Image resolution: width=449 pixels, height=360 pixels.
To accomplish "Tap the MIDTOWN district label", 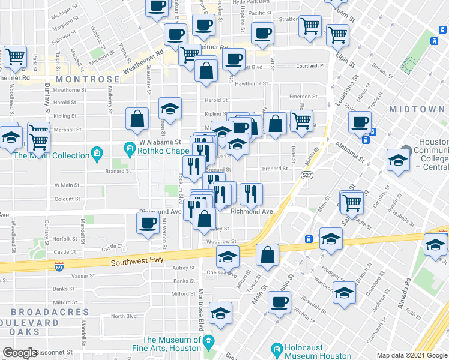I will click(x=416, y=109).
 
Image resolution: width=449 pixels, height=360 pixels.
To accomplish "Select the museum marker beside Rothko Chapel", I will click(x=128, y=148).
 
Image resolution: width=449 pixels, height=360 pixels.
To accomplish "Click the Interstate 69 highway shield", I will click(x=59, y=266).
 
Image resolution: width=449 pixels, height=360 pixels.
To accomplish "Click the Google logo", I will click(x=20, y=353).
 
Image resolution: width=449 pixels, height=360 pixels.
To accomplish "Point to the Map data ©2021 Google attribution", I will click(x=412, y=355).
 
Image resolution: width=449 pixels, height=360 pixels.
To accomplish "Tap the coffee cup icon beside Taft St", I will click(x=262, y=34).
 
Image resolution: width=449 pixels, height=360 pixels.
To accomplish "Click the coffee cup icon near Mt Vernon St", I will click(x=148, y=224).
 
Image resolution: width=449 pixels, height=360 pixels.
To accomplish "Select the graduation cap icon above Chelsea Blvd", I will click(x=227, y=256).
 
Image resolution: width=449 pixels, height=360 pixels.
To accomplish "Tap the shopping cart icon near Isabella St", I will click(x=351, y=201).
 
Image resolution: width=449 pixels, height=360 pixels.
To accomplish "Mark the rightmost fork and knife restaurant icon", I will click(x=250, y=193).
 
